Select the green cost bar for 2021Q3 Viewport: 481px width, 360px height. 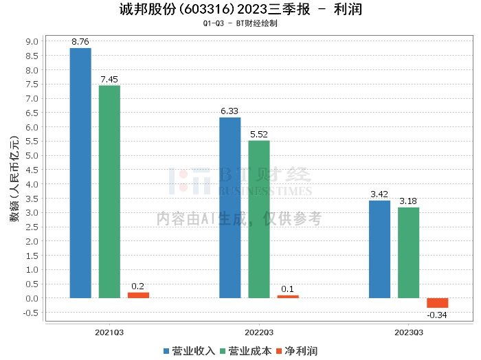tap(109, 192)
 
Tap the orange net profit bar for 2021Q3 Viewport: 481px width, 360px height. tap(138, 295)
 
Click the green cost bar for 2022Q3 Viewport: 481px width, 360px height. tap(259, 219)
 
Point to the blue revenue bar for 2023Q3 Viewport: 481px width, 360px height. tap(379, 249)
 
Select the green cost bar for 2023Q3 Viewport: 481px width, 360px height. tap(408, 253)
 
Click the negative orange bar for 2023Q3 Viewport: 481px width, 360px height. tap(437, 303)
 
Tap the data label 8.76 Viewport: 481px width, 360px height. tap(80, 42)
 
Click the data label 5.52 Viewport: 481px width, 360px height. tap(259, 135)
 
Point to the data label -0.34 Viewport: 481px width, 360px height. tap(437, 315)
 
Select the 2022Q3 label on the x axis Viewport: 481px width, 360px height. tap(259, 332)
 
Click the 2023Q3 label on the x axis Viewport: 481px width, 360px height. tap(408, 332)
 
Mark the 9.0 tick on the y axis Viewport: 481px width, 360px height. tap(32, 41)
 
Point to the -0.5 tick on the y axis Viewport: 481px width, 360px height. tap(31, 313)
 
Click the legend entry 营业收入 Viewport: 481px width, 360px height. tap(190, 350)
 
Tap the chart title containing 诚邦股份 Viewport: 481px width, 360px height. tap(240, 10)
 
